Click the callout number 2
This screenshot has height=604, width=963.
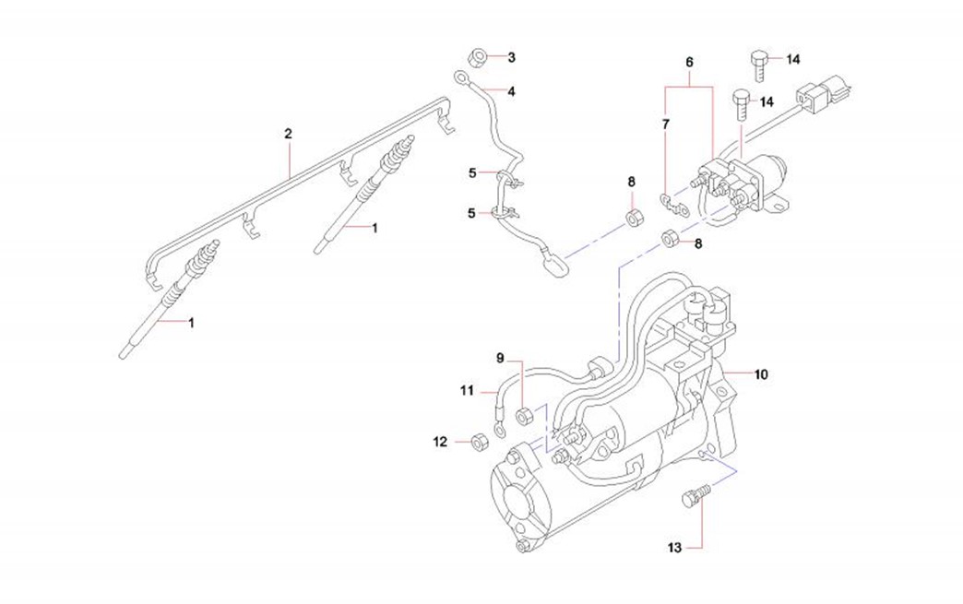288,135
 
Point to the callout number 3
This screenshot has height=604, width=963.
511,57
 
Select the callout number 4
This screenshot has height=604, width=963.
511,91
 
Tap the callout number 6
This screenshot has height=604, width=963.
689,62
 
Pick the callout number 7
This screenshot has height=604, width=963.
667,122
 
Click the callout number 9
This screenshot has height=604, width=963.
500,357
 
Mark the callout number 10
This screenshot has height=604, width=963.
762,375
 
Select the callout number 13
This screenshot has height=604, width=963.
674,548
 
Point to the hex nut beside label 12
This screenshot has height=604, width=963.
479,442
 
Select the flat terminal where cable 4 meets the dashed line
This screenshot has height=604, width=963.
555,265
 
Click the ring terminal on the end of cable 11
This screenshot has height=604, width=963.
499,428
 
